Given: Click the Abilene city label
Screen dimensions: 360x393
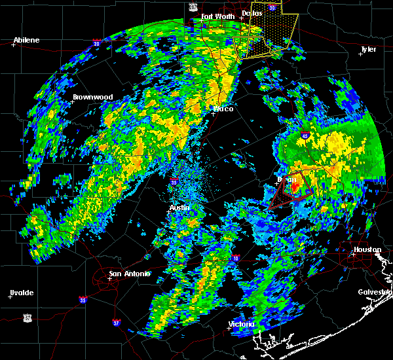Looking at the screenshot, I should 26,40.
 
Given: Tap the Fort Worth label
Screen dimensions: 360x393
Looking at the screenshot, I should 217,16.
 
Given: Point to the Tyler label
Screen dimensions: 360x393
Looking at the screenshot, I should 368,49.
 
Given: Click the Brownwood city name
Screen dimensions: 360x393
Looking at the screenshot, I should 92,97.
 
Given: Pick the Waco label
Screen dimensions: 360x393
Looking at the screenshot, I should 223,109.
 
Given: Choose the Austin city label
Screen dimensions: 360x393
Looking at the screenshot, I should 179,207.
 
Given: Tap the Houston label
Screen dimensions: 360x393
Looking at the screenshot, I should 367,249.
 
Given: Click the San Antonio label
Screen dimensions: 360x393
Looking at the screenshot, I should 129,274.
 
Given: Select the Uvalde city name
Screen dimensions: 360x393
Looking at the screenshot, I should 22,292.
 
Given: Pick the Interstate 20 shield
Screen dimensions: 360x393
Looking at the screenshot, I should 96,44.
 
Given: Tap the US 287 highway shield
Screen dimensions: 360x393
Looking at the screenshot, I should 193,6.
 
